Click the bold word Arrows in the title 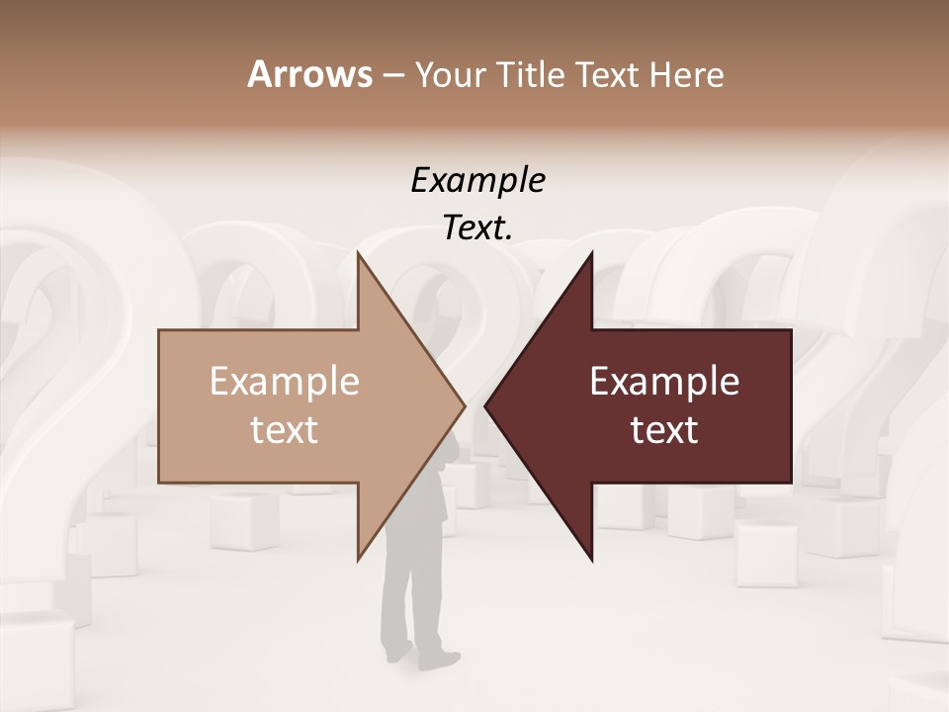[x=309, y=74]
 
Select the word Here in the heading [x=686, y=75]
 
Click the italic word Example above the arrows [x=477, y=180]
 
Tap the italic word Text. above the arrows [x=477, y=228]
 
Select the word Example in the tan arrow [x=285, y=381]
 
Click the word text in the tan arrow [x=285, y=429]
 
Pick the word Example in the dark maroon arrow [x=664, y=381]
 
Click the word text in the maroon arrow [x=664, y=429]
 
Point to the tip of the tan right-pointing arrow [x=464, y=405]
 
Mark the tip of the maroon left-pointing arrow [x=485, y=405]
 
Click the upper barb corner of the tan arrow [x=359, y=253]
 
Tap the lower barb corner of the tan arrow [x=359, y=559]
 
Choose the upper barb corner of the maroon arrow [x=591, y=253]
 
